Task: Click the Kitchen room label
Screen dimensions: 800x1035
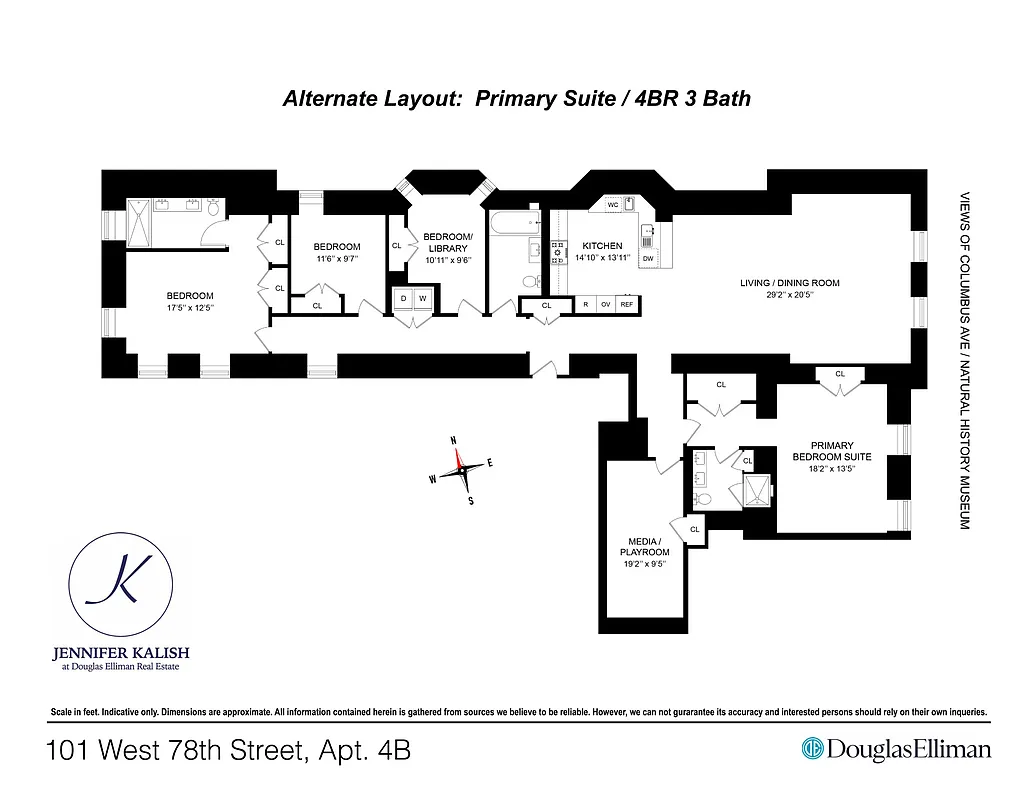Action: pyautogui.click(x=602, y=246)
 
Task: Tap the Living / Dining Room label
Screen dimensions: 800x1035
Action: pyautogui.click(x=775, y=283)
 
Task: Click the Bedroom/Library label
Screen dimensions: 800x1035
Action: pyautogui.click(x=447, y=242)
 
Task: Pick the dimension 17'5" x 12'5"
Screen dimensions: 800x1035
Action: pyautogui.click(x=190, y=307)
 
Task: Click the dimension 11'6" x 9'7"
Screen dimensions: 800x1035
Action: pyautogui.click(x=336, y=258)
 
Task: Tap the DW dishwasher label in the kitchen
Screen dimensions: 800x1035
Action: pyautogui.click(x=648, y=259)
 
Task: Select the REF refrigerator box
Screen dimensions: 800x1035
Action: pyautogui.click(x=627, y=304)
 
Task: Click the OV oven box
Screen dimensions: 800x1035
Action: pyautogui.click(x=605, y=304)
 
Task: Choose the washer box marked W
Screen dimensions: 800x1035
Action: pyautogui.click(x=423, y=299)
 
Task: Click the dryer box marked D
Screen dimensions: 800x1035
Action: pyautogui.click(x=403, y=299)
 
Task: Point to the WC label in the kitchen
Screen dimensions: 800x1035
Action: pyautogui.click(x=613, y=204)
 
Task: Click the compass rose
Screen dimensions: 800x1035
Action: pyautogui.click(x=462, y=468)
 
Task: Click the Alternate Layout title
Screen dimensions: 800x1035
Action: pyautogui.click(x=516, y=98)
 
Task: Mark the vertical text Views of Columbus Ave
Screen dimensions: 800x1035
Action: pyautogui.click(x=965, y=360)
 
